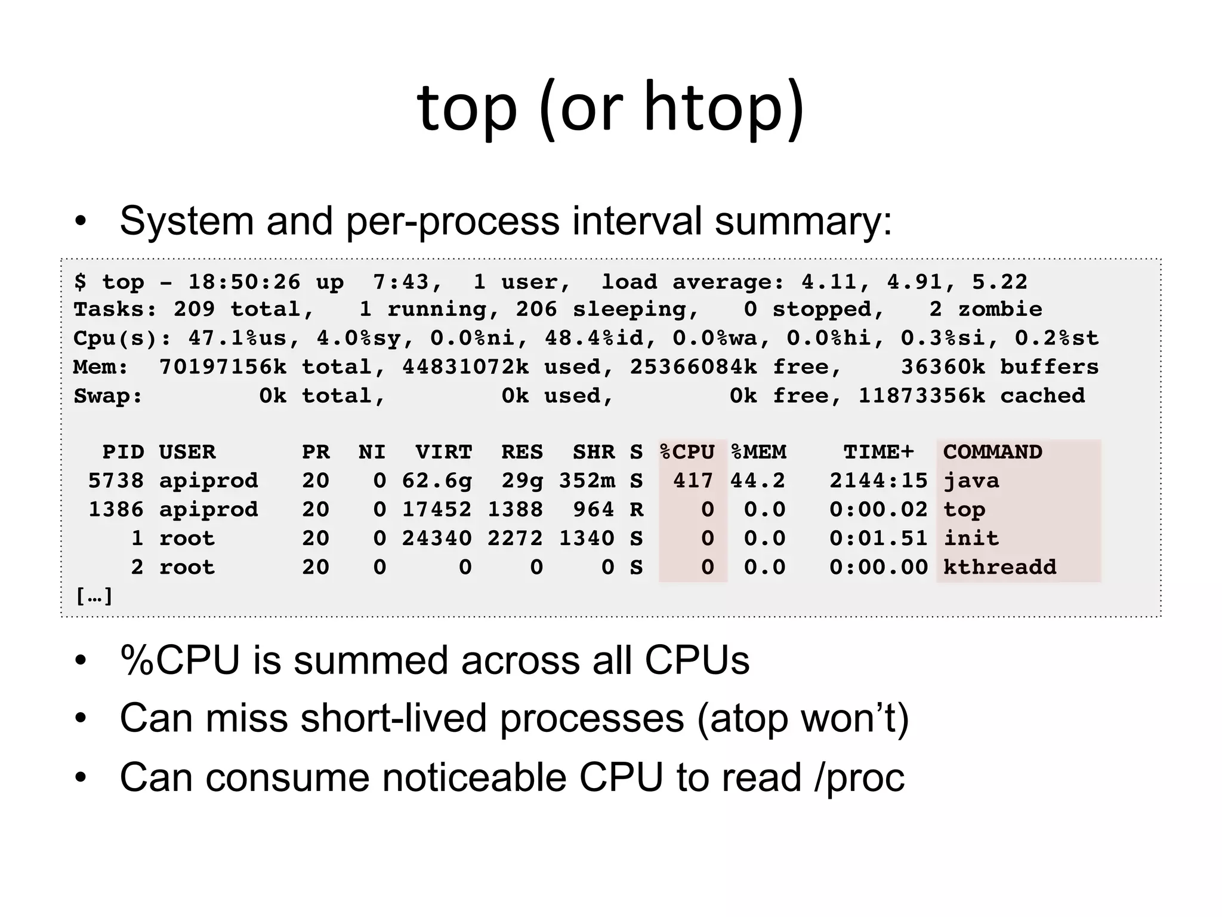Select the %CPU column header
687,452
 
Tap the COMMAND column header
992,452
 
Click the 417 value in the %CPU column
693,481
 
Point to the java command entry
971,481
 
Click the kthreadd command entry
999,567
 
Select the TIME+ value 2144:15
878,481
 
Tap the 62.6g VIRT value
437,481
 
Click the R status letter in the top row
637,510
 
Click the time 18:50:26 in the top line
245,282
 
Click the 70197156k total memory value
223,367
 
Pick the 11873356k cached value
921,396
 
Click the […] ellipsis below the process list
94,596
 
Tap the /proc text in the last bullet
859,777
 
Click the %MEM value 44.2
758,481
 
